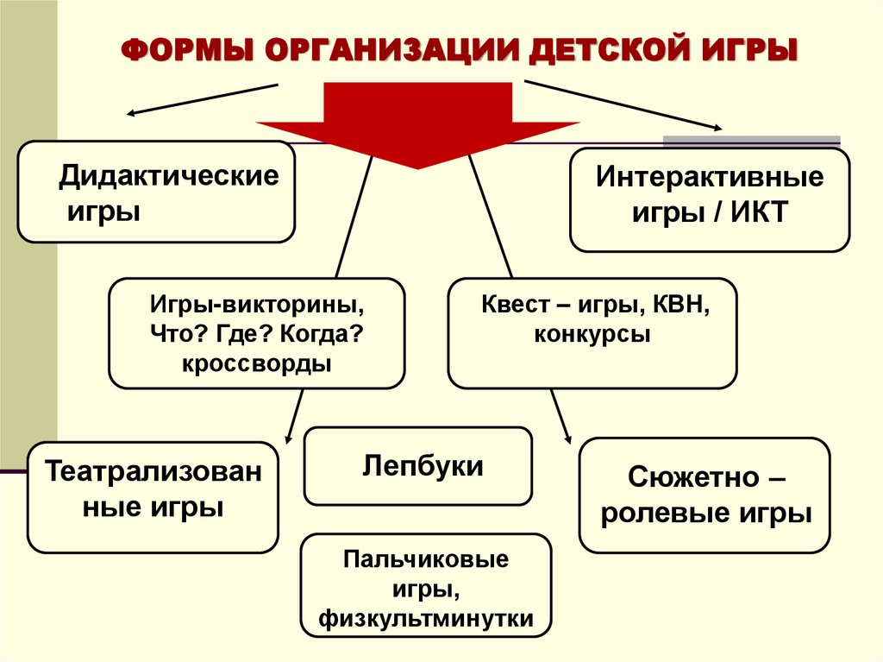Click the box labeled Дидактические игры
(156, 192)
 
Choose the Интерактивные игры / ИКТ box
(709, 199)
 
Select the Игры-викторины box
(256, 332)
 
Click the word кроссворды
(256, 363)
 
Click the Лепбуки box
(418, 466)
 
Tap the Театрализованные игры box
(153, 496)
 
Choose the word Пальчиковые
(425, 559)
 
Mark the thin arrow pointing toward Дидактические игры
(203, 99)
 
